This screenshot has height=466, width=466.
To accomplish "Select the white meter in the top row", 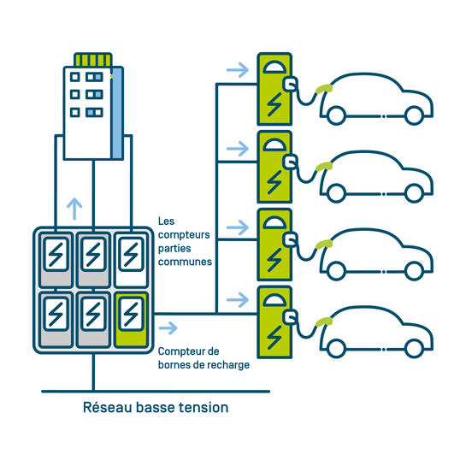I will click(x=130, y=258).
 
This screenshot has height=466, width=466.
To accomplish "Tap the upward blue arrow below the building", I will click(x=74, y=207).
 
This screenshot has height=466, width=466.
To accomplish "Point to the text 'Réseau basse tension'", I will click(x=156, y=408).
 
